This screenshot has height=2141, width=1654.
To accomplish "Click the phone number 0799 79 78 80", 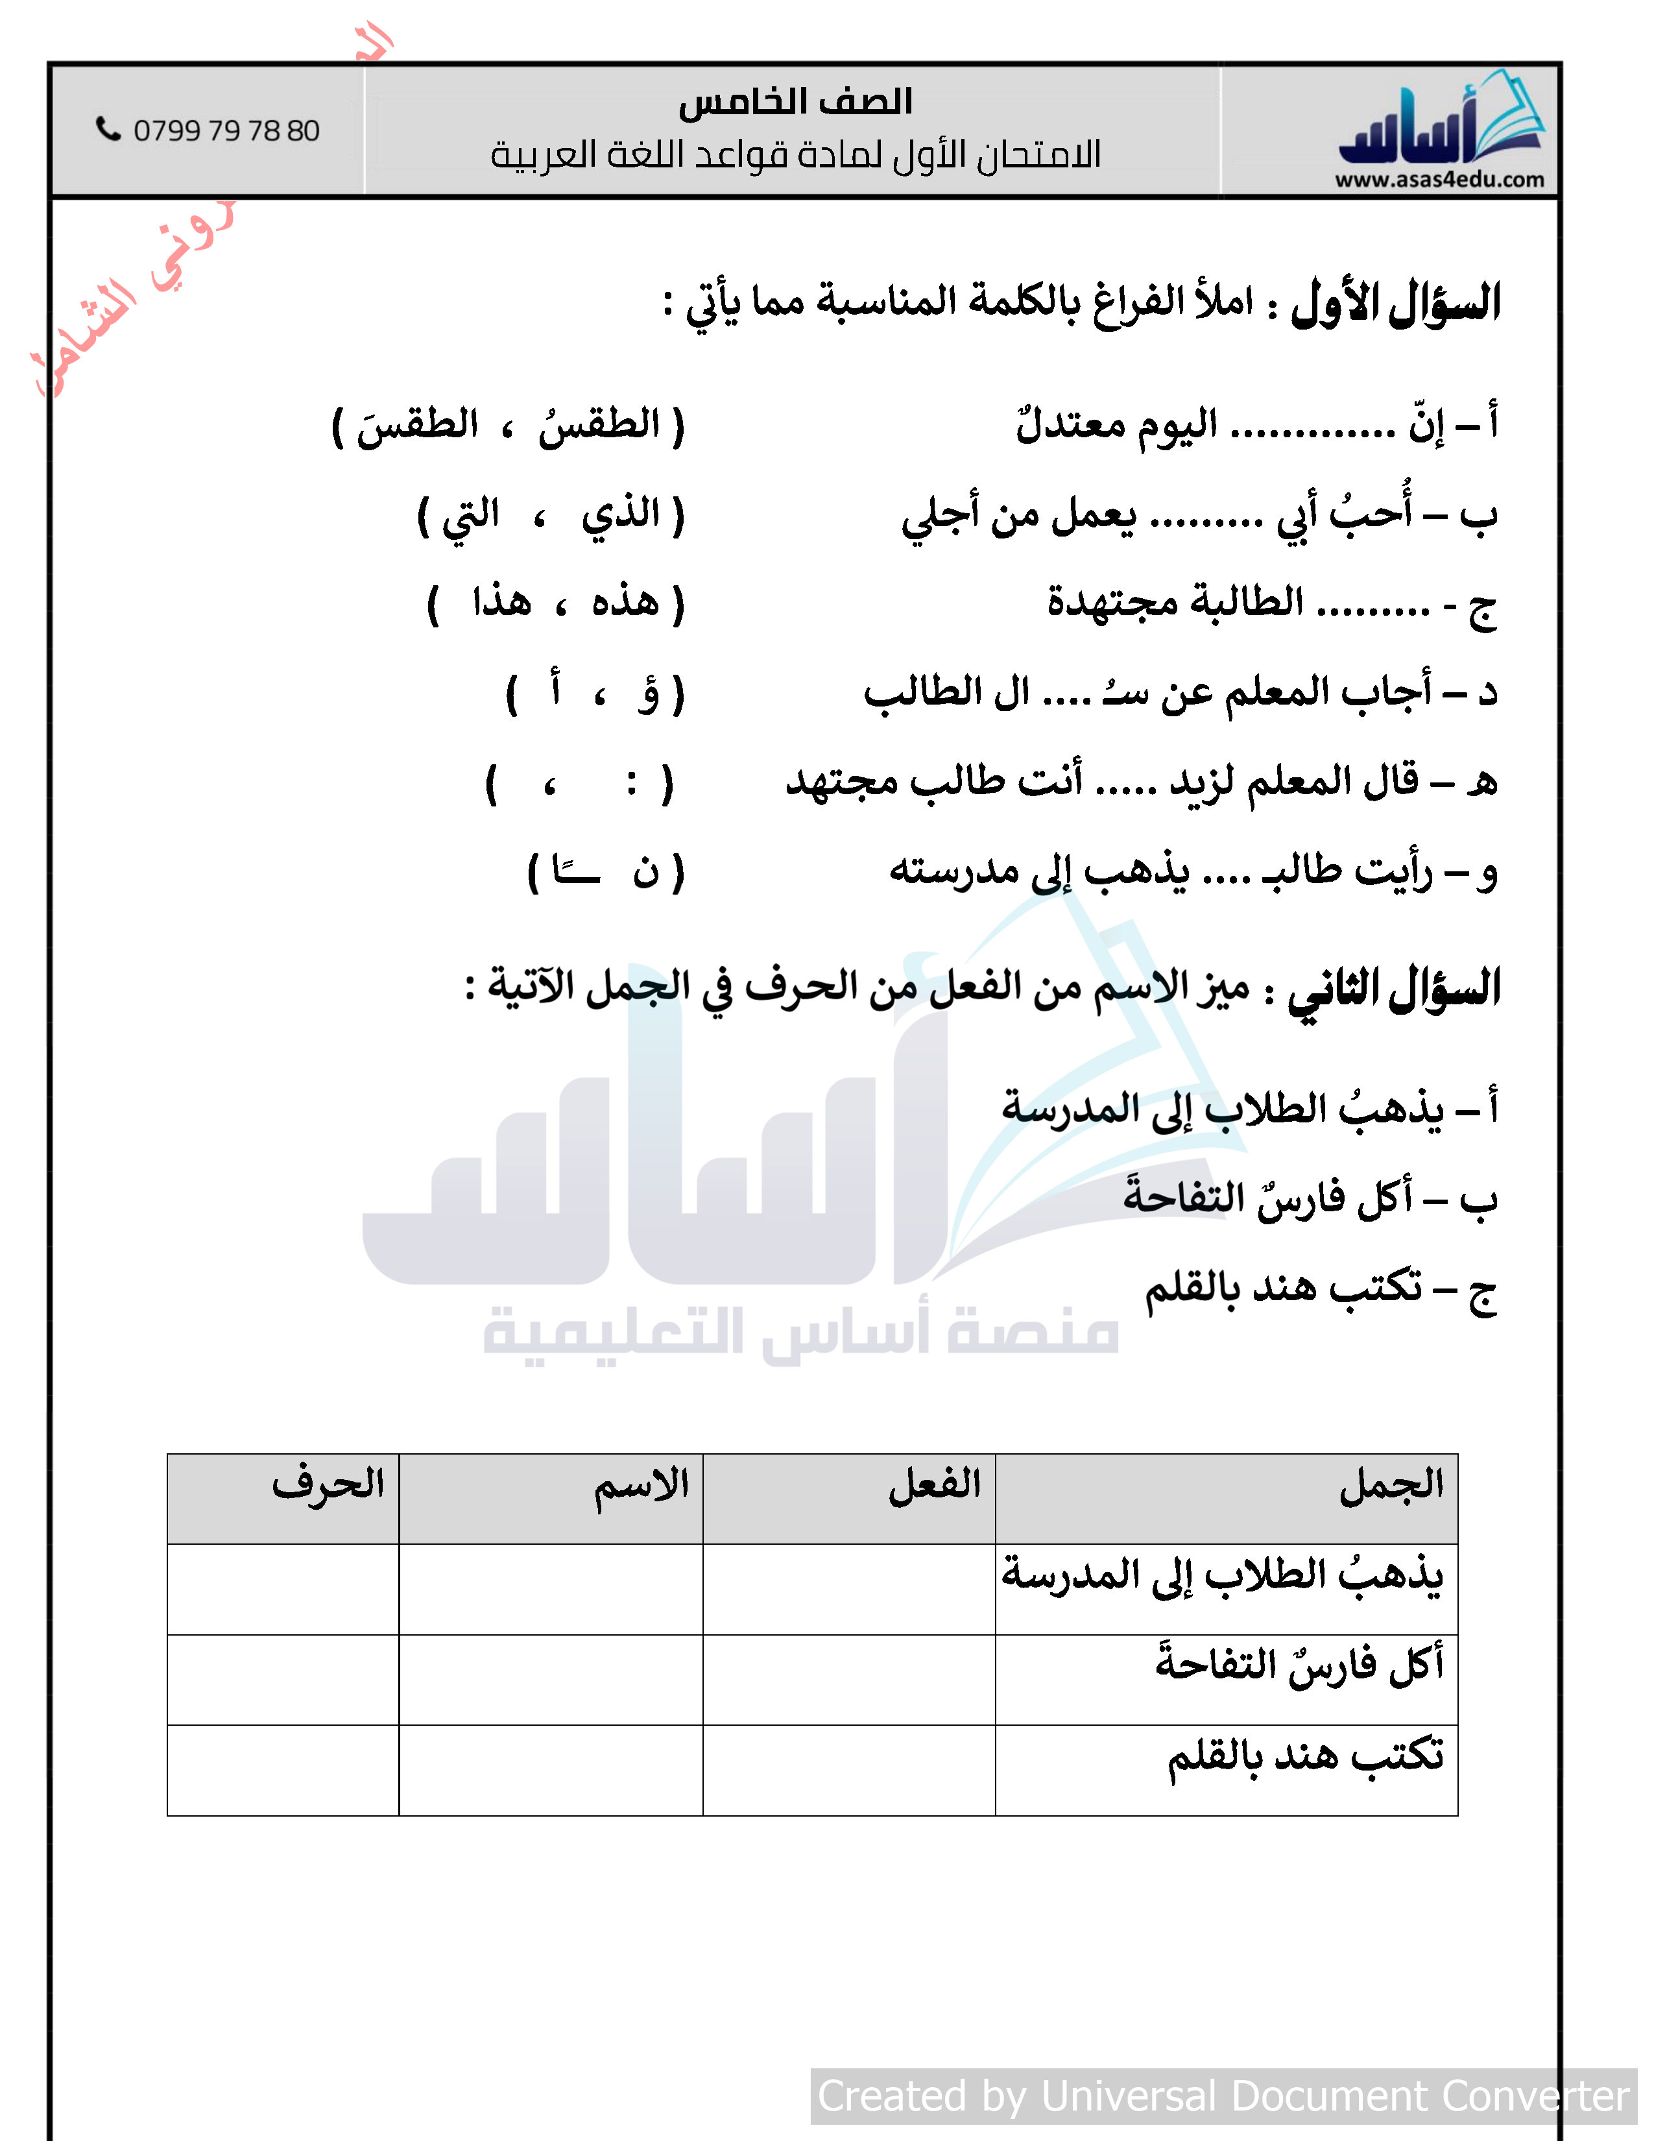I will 226,130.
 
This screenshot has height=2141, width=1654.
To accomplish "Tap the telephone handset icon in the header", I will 108,128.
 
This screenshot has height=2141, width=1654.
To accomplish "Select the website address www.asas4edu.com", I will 1439,180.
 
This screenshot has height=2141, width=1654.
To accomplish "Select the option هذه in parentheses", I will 625,601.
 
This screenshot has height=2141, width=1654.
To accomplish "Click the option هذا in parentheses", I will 501,601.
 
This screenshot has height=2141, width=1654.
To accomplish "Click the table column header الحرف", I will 328,1485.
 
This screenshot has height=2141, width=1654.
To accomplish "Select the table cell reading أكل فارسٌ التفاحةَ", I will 1299,1665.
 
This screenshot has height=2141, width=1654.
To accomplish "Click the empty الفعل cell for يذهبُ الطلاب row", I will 848,1589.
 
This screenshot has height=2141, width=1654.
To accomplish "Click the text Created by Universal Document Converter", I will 1223,2096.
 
